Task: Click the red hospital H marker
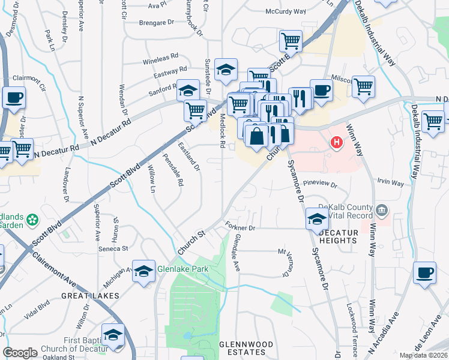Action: pyautogui.click(x=337, y=143)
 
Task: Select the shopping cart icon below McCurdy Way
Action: pyautogui.click(x=291, y=41)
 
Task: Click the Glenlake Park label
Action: pyautogui.click(x=182, y=269)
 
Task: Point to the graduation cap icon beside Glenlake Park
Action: pyautogui.click(x=143, y=271)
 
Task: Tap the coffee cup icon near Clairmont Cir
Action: pyautogui.click(x=14, y=97)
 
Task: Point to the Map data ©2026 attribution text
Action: pyautogui.click(x=423, y=355)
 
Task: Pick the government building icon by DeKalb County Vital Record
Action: pyautogui.click(x=382, y=211)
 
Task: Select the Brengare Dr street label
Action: pyautogui.click(x=155, y=23)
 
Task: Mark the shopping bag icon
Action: pyautogui.click(x=257, y=135)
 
